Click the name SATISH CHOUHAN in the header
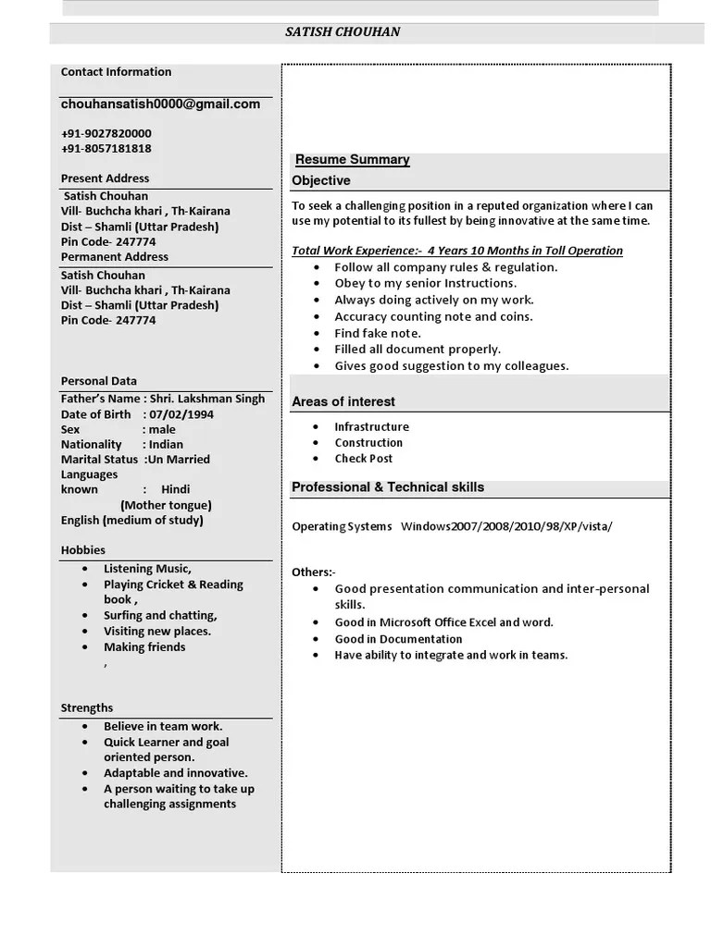[x=343, y=32]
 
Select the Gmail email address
[x=160, y=105]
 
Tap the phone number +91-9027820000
[x=106, y=133]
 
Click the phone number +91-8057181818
[x=106, y=148]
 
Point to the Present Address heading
[x=105, y=178]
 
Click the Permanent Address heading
[x=115, y=257]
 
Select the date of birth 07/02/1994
[x=181, y=414]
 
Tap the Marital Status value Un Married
[x=178, y=460]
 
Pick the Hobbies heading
[x=83, y=550]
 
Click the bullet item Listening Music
[x=147, y=569]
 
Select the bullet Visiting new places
[x=157, y=632]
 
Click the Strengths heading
[x=87, y=708]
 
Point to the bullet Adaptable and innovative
[x=175, y=773]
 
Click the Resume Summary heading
[x=352, y=160]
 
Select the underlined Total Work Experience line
[x=457, y=251]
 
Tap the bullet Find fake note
[x=378, y=333]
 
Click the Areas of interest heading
[x=343, y=402]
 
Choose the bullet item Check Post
[x=364, y=459]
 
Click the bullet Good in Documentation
[x=398, y=639]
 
